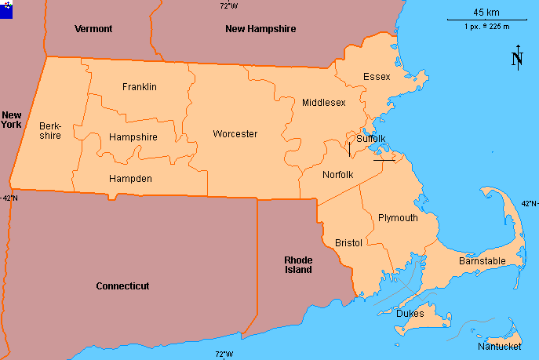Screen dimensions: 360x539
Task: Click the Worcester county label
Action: (235, 134)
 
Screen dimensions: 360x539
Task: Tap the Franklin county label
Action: (140, 86)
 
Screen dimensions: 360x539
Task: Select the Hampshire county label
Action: (133, 137)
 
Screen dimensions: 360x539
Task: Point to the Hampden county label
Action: (130, 179)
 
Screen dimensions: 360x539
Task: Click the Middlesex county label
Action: (324, 103)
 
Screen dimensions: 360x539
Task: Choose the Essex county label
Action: (377, 76)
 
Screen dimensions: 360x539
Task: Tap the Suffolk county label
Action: (371, 139)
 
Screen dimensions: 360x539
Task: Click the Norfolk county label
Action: (338, 174)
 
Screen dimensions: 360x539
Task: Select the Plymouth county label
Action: (398, 218)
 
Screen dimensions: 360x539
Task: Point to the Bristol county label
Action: (348, 243)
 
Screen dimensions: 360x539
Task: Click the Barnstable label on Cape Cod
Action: (482, 260)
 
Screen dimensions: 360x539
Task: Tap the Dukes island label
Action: (410, 314)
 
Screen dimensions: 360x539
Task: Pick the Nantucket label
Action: (500, 346)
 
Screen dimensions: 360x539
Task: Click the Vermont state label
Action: (93, 29)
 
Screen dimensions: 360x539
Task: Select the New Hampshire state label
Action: (260, 29)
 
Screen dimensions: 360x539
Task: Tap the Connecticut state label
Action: (122, 286)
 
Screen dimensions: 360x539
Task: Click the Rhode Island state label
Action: (298, 264)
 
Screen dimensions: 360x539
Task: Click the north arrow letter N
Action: (517, 60)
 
